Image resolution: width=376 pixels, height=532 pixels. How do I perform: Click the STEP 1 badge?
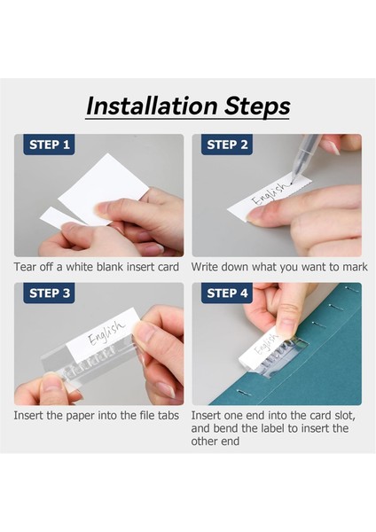(x=49, y=145)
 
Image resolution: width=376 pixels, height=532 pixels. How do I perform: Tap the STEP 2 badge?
(x=227, y=145)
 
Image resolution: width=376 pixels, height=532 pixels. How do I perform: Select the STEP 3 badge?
(x=49, y=293)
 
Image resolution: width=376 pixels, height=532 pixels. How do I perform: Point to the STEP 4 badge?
(x=227, y=293)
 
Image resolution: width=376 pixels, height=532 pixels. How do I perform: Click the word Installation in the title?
(x=152, y=106)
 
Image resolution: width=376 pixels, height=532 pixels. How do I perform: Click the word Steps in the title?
(x=257, y=106)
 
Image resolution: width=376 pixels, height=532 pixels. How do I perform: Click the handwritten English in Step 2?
(x=270, y=194)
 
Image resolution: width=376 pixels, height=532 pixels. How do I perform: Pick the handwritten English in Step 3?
(x=106, y=332)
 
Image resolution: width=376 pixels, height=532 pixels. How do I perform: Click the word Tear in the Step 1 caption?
(x=25, y=268)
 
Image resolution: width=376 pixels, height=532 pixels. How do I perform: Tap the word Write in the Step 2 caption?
(x=204, y=268)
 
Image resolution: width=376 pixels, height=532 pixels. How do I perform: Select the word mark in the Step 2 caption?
(x=355, y=268)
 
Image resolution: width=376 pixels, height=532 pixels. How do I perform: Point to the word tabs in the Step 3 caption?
(x=168, y=416)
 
